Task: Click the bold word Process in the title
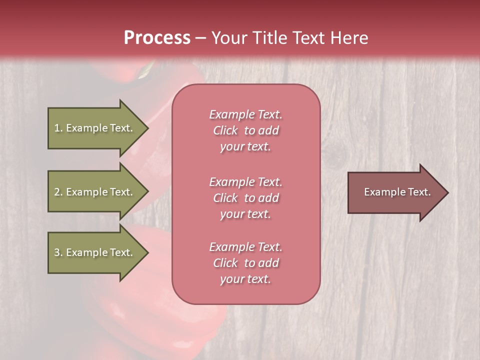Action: click(157, 38)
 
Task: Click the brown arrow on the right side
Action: click(395, 192)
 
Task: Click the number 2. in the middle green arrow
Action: click(58, 192)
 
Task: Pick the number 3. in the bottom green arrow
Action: click(58, 252)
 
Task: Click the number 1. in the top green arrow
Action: click(58, 128)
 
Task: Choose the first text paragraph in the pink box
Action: click(245, 130)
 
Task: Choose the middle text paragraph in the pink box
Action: click(245, 198)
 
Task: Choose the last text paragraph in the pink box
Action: click(245, 263)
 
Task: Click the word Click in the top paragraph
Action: click(225, 130)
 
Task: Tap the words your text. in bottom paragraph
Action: click(245, 279)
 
